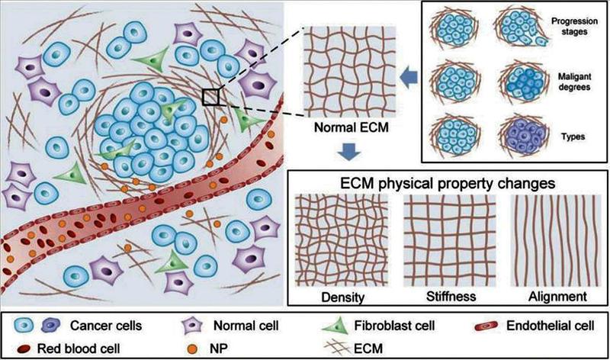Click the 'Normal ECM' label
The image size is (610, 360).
tap(352, 127)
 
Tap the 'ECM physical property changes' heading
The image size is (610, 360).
tap(448, 182)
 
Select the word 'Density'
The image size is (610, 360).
tap(342, 297)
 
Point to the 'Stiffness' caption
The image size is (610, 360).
tap(451, 297)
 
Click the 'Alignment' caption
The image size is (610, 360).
tap(557, 297)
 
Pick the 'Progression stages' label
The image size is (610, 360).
tap(574, 26)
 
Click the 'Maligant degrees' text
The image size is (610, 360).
tap(574, 82)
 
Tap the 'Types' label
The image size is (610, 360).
tap(573, 137)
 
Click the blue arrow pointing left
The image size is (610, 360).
tap(409, 77)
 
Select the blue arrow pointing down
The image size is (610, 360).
tap(349, 152)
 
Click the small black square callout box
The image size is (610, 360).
tap(210, 97)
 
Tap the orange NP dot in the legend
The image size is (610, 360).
tap(192, 349)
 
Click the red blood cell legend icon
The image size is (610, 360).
tap(26, 349)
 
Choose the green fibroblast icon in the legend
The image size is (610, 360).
tap(336, 326)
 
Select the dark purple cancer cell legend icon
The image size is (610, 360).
tap(50, 326)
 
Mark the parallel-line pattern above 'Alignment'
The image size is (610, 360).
tap(556, 240)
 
